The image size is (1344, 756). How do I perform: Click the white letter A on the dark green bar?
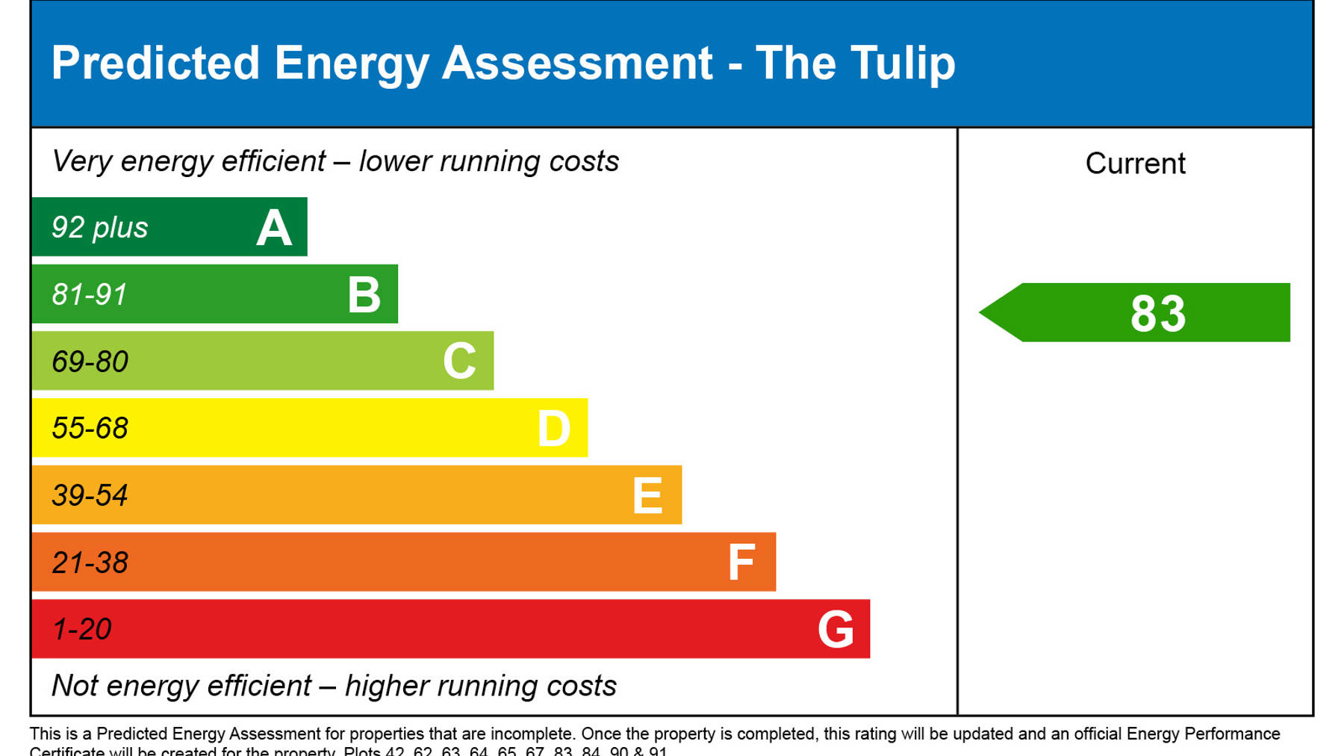click(274, 228)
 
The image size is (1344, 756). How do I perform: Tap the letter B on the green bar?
click(364, 294)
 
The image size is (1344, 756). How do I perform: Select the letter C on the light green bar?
click(459, 362)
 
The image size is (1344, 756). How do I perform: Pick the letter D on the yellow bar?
click(554, 429)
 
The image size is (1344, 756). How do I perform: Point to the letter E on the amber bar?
click(647, 495)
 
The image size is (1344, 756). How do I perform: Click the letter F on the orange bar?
click(741, 563)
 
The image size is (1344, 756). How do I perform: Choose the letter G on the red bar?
click(836, 630)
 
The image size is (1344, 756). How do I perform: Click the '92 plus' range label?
click(99, 228)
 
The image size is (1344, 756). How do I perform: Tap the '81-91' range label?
click(90, 295)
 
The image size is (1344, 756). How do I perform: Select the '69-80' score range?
click(90, 362)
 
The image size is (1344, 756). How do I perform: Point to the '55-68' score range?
click(90, 429)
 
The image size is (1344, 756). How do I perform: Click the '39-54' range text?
click(90, 496)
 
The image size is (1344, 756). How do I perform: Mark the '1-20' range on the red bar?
click(82, 630)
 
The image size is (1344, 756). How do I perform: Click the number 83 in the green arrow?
click(1157, 314)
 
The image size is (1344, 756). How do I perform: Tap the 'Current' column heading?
click(1135, 164)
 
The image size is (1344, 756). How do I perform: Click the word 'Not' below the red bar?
click(75, 686)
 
